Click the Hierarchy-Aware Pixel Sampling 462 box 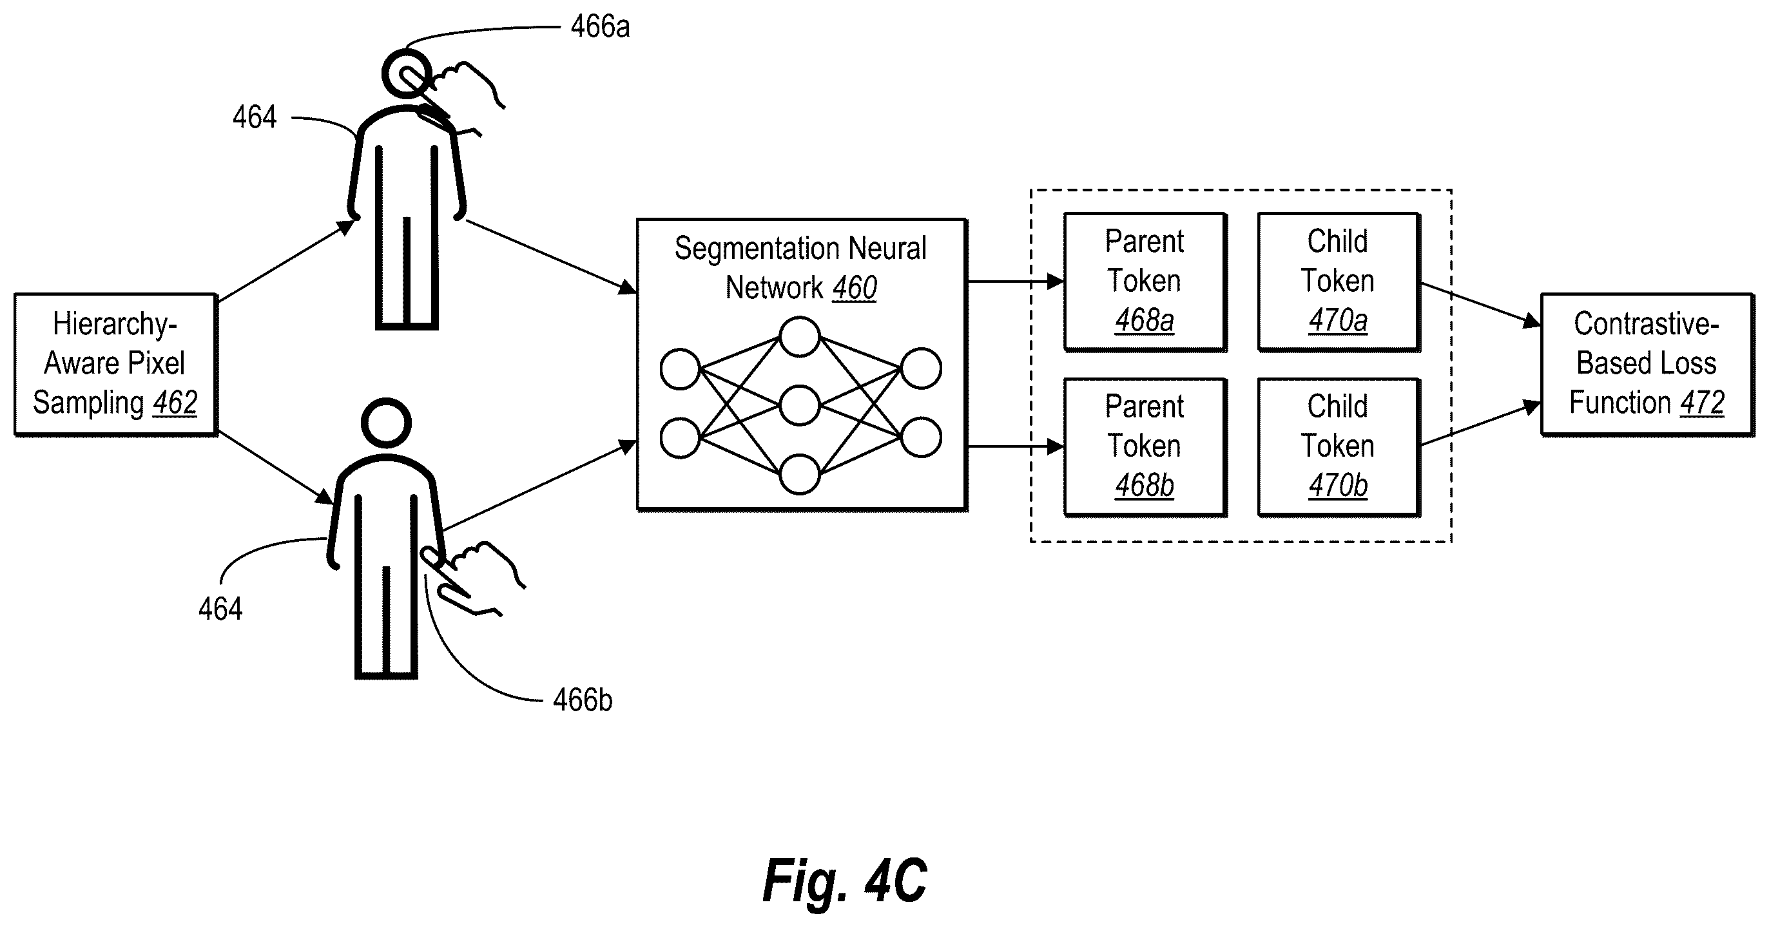tap(116, 365)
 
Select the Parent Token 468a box tap(1145, 282)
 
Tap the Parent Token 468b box tap(1145, 447)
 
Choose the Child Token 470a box tap(1339, 282)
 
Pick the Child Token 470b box tap(1339, 447)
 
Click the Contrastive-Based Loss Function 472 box tap(1647, 365)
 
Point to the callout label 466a tap(600, 27)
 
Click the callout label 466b tap(583, 700)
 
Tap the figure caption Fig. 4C tap(845, 881)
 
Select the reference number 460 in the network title tap(855, 288)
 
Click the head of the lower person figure tap(386, 423)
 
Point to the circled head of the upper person tap(407, 74)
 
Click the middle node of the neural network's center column tap(799, 405)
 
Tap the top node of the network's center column tap(799, 336)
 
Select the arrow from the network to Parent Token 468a tap(1016, 282)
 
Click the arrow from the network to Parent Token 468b tap(1016, 447)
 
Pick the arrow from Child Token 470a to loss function tap(1480, 305)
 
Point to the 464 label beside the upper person tap(255, 117)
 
